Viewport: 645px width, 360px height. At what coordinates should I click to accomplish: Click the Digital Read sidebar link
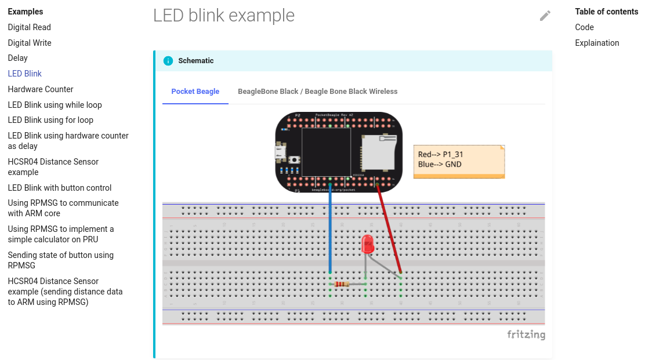29,27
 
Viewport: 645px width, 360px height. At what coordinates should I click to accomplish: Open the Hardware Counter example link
41,89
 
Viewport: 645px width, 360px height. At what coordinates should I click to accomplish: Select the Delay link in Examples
17,58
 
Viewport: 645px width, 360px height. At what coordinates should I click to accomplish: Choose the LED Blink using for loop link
50,120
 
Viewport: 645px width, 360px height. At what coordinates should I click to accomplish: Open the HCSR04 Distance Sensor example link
53,167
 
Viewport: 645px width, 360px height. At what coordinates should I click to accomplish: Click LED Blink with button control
60,188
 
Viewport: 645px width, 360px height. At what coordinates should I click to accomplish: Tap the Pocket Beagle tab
195,92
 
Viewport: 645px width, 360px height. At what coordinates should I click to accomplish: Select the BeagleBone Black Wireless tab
317,92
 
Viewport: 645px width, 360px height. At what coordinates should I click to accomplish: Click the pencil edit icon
545,16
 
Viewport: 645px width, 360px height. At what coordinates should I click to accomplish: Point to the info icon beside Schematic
168,61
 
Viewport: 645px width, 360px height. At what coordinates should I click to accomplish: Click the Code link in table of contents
584,27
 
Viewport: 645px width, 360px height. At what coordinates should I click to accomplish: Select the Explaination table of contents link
597,43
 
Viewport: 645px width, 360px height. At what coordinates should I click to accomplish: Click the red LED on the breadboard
367,243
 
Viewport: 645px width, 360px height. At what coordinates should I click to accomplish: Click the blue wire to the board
330,232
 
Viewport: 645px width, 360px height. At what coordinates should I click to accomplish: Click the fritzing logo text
526,334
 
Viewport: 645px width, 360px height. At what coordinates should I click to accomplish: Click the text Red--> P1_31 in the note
440,155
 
